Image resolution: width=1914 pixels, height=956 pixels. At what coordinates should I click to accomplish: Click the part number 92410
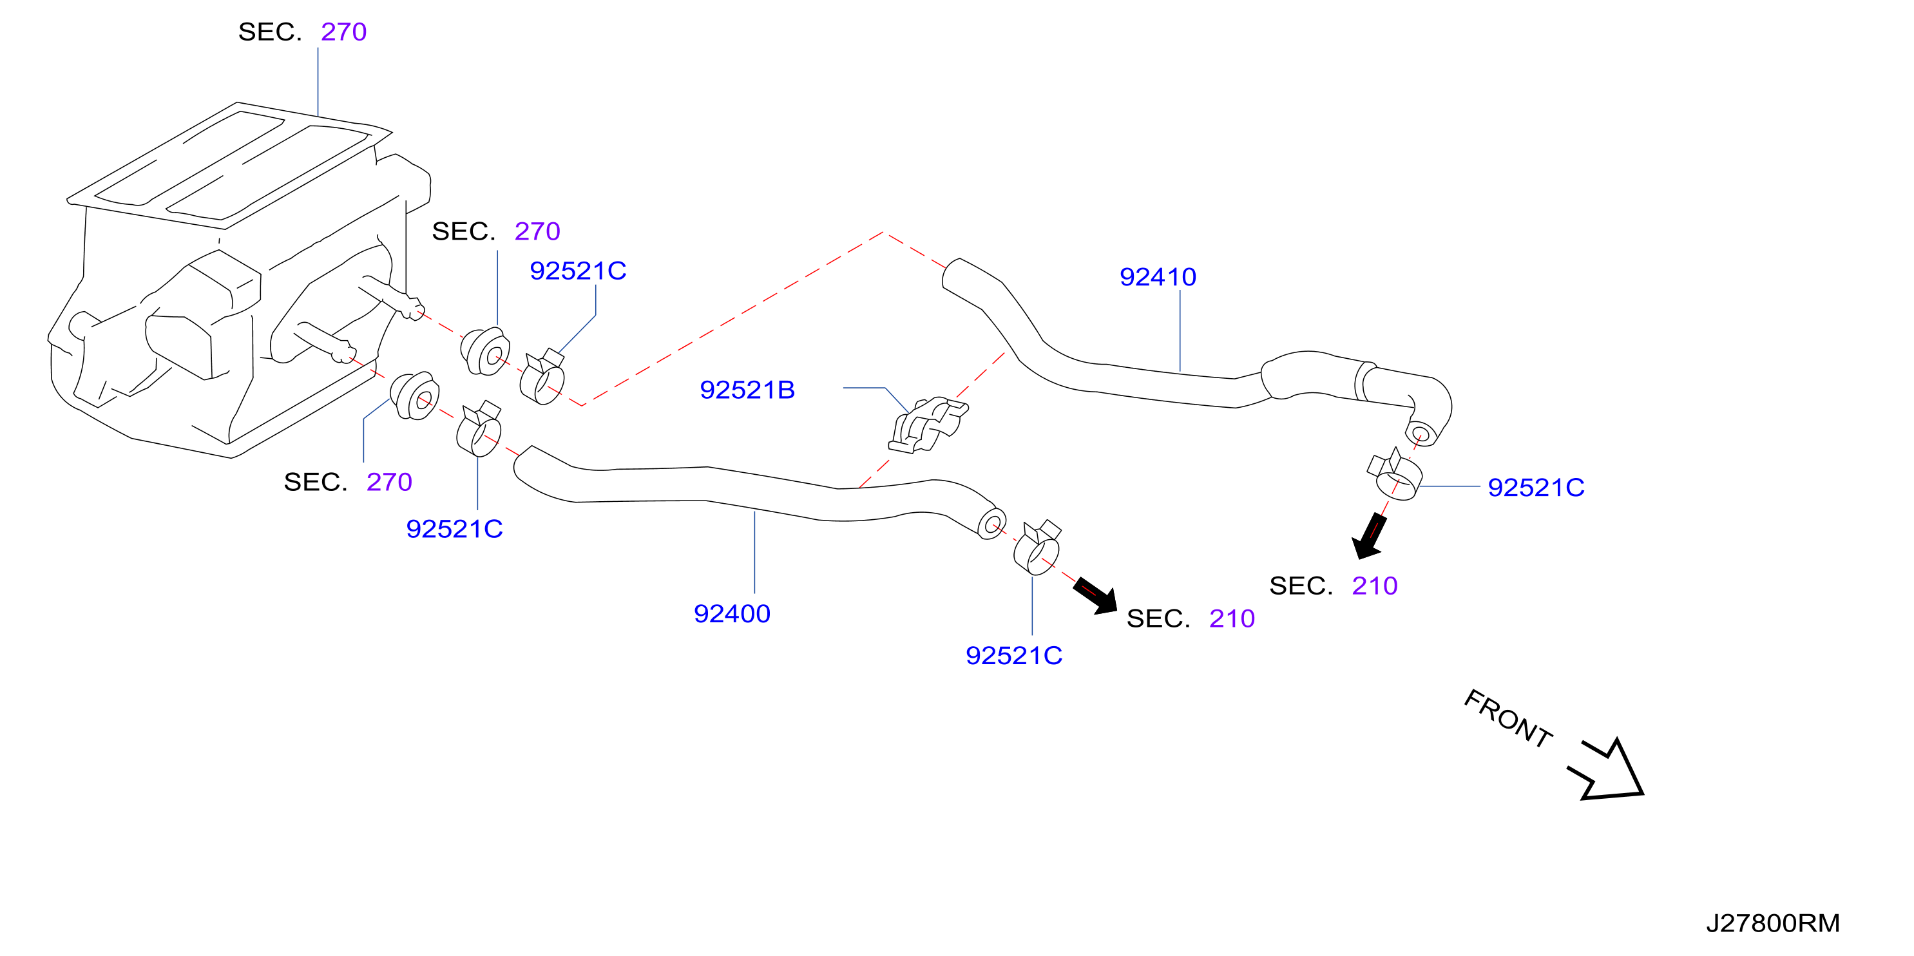(1158, 277)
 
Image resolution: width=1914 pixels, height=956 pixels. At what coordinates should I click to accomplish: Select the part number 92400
(732, 613)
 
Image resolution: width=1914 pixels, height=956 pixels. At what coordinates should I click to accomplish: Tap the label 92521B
(747, 390)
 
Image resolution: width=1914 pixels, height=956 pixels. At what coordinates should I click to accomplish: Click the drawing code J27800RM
(1773, 923)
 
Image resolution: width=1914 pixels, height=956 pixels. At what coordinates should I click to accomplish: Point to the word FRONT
(1508, 718)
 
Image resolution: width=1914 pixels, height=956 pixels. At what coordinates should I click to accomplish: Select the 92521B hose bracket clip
(927, 425)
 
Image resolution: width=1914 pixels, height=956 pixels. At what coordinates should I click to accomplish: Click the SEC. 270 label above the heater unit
(302, 32)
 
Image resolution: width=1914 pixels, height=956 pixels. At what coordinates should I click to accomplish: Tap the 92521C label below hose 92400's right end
(1013, 655)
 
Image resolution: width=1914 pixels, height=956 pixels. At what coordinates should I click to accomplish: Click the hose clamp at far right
(1394, 475)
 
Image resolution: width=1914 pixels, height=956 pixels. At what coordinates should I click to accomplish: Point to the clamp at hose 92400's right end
(1037, 548)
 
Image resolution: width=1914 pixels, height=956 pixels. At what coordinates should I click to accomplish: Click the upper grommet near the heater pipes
(485, 351)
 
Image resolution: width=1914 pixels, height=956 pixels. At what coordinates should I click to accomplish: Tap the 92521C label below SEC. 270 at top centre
(578, 271)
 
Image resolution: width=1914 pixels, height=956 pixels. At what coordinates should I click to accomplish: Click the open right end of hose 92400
(991, 524)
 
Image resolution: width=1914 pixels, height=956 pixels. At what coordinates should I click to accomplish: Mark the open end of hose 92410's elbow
(1420, 434)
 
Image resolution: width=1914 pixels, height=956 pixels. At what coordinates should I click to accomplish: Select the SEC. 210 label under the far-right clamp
(1334, 586)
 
